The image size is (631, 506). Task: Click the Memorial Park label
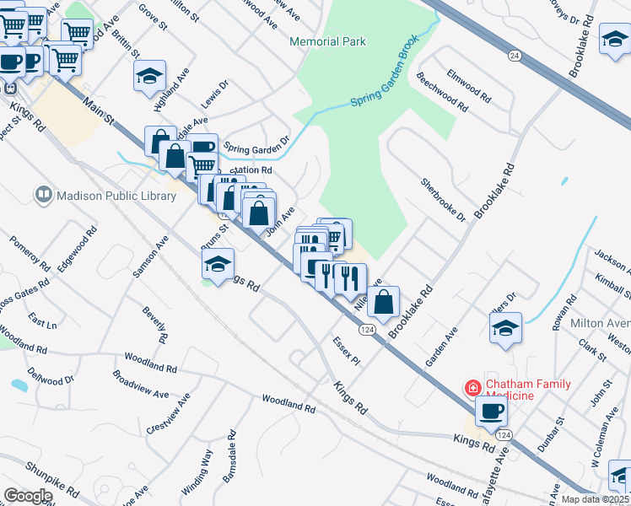(327, 41)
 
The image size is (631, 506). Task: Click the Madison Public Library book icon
(43, 196)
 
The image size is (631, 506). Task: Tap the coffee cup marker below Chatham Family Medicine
(492, 412)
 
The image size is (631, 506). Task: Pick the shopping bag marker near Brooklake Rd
(383, 302)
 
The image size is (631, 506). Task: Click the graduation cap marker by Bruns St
(218, 263)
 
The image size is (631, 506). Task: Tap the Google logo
(28, 496)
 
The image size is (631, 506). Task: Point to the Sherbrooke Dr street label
(444, 200)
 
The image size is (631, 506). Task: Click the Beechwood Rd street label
(441, 92)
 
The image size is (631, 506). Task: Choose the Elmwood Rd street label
(469, 83)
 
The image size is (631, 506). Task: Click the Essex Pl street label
(346, 353)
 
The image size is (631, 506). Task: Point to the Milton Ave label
(601, 325)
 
